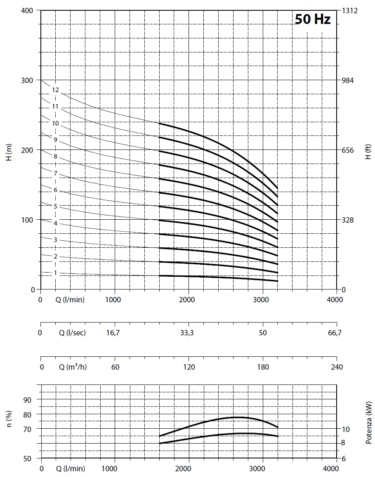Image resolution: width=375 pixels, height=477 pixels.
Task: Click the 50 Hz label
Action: [313, 19]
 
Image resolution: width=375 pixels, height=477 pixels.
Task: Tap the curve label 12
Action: [56, 90]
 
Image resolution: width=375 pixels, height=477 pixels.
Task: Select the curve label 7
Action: [55, 173]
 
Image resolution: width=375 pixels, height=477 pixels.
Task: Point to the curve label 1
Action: [55, 273]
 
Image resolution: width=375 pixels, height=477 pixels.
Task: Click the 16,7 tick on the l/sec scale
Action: [113, 333]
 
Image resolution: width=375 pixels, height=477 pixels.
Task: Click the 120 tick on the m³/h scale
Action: [189, 367]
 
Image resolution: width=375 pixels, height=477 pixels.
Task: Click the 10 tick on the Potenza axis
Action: [345, 430]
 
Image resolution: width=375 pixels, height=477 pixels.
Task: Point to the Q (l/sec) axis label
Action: [73, 333]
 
